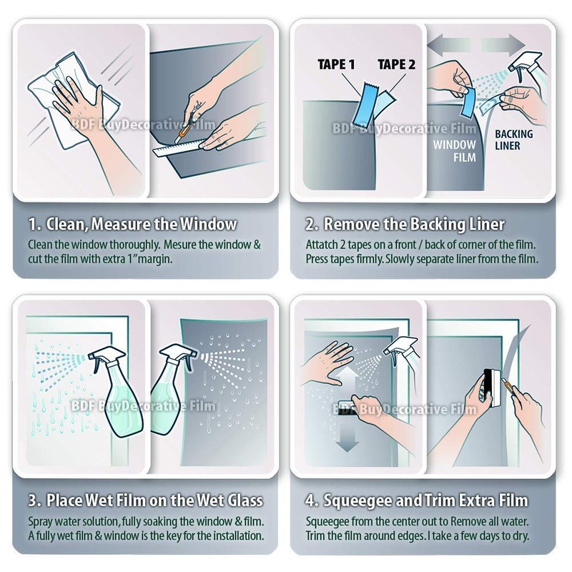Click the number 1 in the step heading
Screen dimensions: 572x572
[x=33, y=224]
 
